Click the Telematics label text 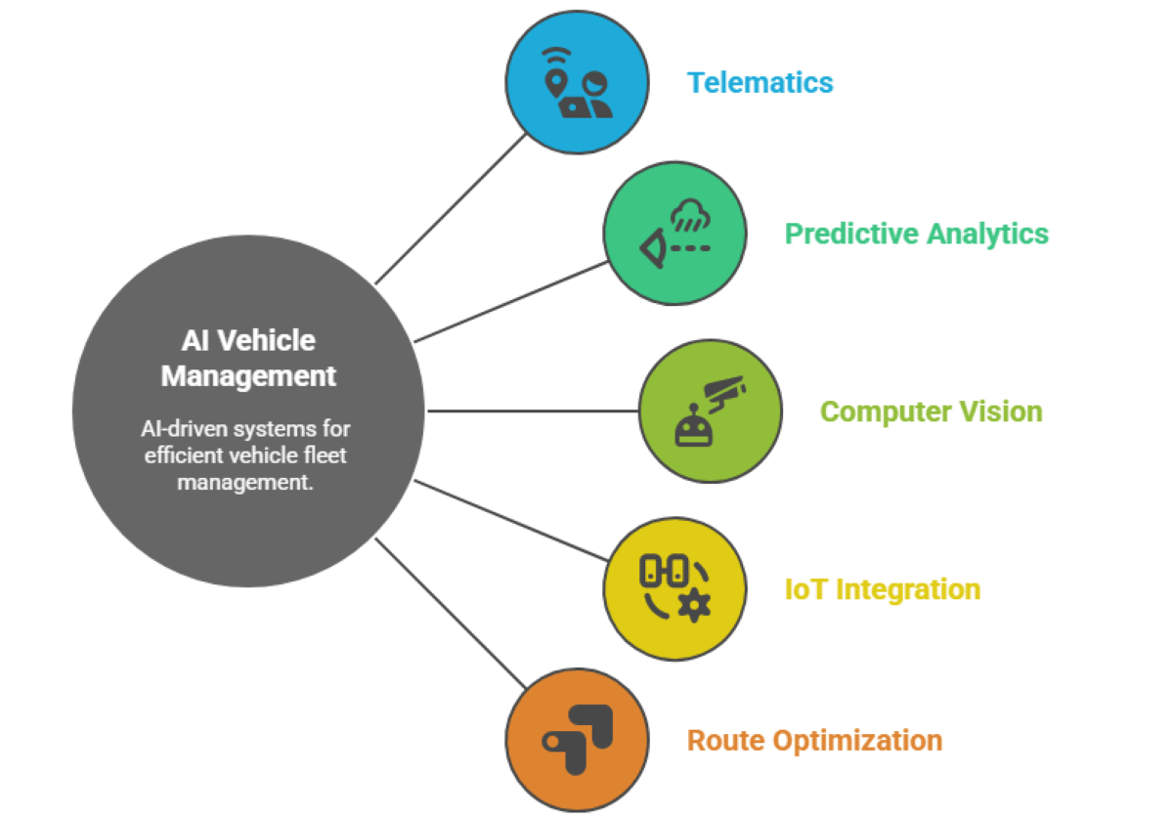[x=760, y=83]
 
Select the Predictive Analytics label [x=916, y=235]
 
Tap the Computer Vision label [x=931, y=411]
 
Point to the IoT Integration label [x=882, y=590]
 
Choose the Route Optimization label [x=814, y=741]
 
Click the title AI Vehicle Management [x=248, y=358]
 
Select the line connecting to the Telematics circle [x=451, y=209]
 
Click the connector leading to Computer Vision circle [x=533, y=411]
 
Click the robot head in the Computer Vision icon [x=690, y=427]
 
